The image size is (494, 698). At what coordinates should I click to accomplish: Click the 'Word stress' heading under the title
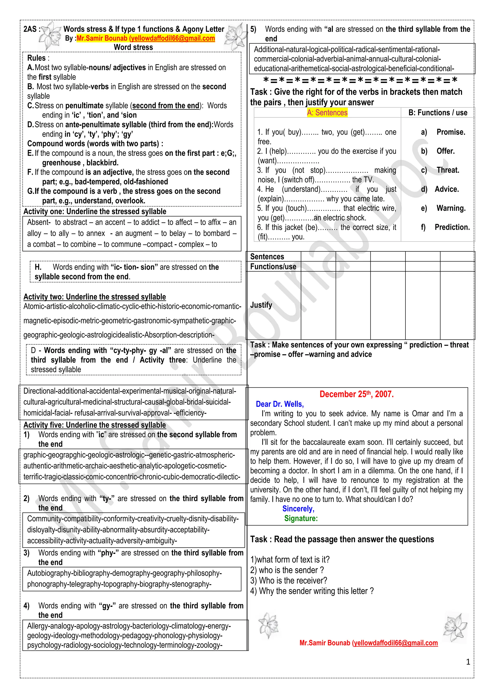[x=133, y=47]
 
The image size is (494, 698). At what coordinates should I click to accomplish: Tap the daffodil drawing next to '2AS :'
[x=50, y=36]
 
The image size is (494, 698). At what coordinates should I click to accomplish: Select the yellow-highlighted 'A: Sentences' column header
[x=327, y=113]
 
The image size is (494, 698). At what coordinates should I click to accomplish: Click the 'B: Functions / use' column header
[x=438, y=113]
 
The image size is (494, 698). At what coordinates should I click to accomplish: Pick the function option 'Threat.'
[x=448, y=170]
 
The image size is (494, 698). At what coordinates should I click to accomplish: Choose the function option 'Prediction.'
[x=452, y=227]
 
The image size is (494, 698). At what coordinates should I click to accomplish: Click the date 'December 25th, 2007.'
[x=357, y=394]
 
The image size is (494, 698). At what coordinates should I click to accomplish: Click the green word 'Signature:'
[x=301, y=518]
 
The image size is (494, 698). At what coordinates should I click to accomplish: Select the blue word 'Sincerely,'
[x=298, y=509]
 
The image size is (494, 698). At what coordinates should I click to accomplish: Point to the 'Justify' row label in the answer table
[x=261, y=305]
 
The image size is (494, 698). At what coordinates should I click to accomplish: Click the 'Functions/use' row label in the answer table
[x=273, y=267]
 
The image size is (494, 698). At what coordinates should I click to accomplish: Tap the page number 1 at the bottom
[x=468, y=662]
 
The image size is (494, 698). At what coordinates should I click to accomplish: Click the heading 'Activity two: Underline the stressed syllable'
[x=95, y=297]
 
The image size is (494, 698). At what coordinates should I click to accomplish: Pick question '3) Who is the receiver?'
[x=288, y=580]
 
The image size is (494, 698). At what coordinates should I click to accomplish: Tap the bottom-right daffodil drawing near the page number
[x=455, y=628]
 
